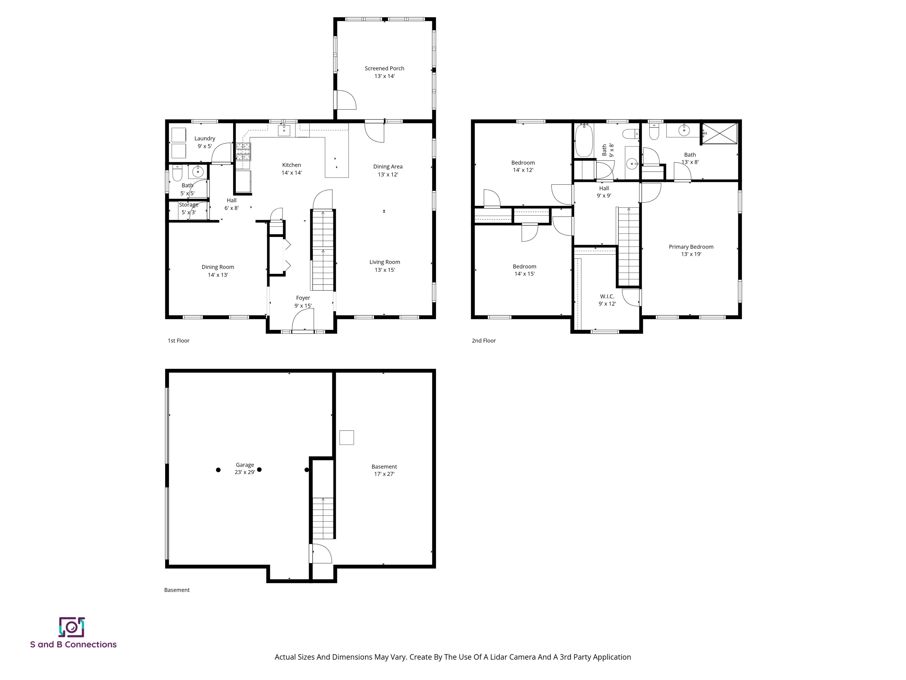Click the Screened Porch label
(x=384, y=68)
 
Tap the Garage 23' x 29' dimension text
(x=245, y=472)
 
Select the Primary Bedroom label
(x=691, y=247)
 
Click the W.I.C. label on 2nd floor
(x=607, y=296)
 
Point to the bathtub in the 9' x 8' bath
(x=584, y=140)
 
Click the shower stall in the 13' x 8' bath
(x=720, y=134)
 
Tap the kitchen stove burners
(x=243, y=151)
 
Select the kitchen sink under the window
(x=284, y=130)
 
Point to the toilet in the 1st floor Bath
(x=177, y=173)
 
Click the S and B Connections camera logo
(x=72, y=627)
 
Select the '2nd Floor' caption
(x=484, y=341)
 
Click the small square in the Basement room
(x=347, y=437)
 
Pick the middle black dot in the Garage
(x=259, y=470)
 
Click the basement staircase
(x=323, y=519)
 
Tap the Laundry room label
(x=204, y=138)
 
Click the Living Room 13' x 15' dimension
(x=385, y=270)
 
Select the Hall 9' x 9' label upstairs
(x=604, y=192)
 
